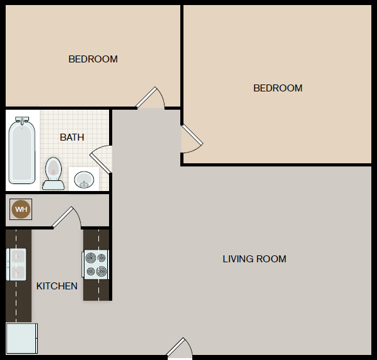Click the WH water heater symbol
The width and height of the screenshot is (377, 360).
pyautogui.click(x=21, y=209)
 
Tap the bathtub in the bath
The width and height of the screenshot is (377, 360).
pyautogui.click(x=22, y=150)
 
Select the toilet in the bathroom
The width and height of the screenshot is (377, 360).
pyautogui.click(x=54, y=173)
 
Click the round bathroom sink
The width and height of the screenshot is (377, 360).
pyautogui.click(x=84, y=180)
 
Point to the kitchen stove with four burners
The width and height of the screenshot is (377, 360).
pyautogui.click(x=95, y=265)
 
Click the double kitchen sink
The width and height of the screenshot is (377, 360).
pyautogui.click(x=16, y=265)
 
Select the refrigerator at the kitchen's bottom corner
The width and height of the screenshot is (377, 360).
pyautogui.click(x=21, y=339)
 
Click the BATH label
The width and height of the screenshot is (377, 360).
pyautogui.click(x=72, y=137)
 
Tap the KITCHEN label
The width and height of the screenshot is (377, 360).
pyautogui.click(x=57, y=286)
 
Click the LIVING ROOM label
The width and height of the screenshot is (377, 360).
pyautogui.click(x=254, y=259)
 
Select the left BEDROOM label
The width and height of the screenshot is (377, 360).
pyautogui.click(x=93, y=59)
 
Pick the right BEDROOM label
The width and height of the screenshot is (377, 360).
pyautogui.click(x=278, y=88)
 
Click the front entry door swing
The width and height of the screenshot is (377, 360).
pyautogui.click(x=180, y=347)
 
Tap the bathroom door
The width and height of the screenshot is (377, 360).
pyautogui.click(x=100, y=160)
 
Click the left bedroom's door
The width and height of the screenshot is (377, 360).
pyautogui.click(x=150, y=98)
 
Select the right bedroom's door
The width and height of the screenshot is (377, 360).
pyautogui.click(x=192, y=139)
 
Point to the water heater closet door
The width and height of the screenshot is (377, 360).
pyautogui.click(x=66, y=217)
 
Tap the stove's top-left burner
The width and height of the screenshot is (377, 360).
pyautogui.click(x=91, y=258)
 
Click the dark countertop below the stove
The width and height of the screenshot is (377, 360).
pyautogui.click(x=96, y=290)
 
